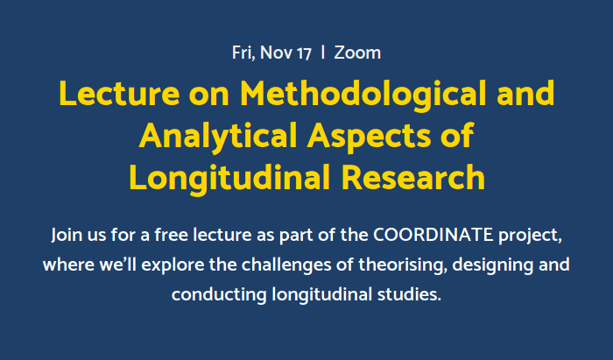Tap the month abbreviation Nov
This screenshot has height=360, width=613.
tap(278, 53)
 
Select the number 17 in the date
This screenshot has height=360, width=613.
tap(304, 53)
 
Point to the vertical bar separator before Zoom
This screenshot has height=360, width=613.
tap(324, 53)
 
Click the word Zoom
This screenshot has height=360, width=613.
tap(357, 53)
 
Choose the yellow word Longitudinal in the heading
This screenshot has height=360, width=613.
tap(228, 177)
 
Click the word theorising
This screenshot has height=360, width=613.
tap(377, 265)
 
